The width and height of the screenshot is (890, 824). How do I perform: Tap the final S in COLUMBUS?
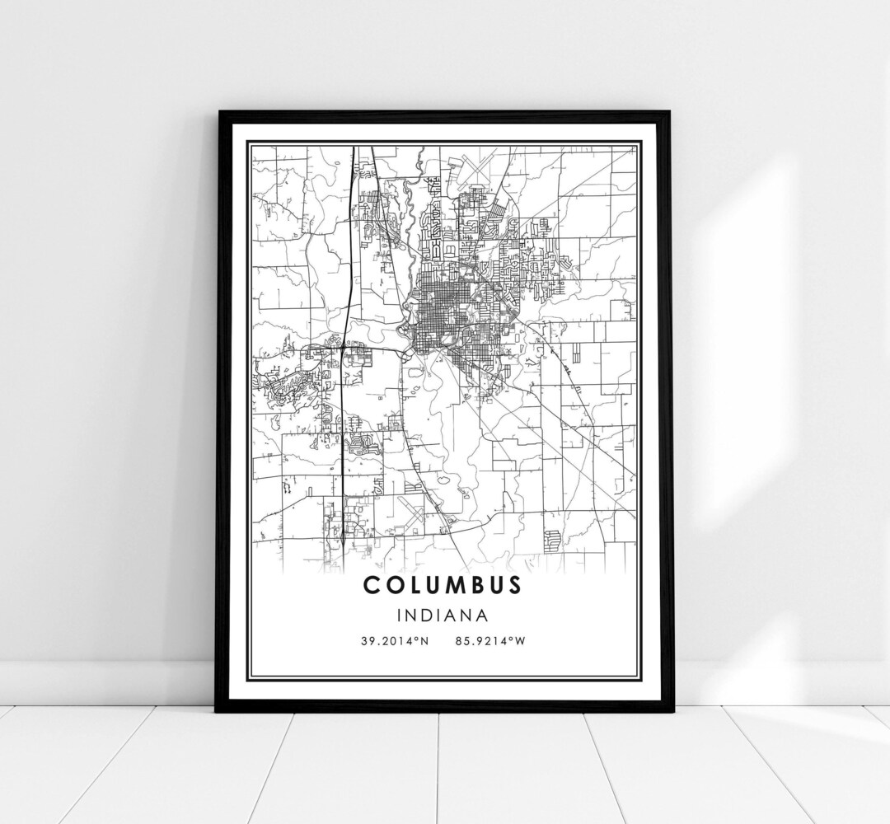point(514,586)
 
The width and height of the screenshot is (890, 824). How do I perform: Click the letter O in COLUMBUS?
point(390,586)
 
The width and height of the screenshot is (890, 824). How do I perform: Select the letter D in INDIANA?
point(422,615)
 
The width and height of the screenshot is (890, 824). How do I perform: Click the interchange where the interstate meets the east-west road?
point(341,349)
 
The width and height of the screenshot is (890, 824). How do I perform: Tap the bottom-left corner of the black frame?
point(218,710)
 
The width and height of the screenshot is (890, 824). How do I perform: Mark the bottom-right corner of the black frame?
point(669,710)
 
